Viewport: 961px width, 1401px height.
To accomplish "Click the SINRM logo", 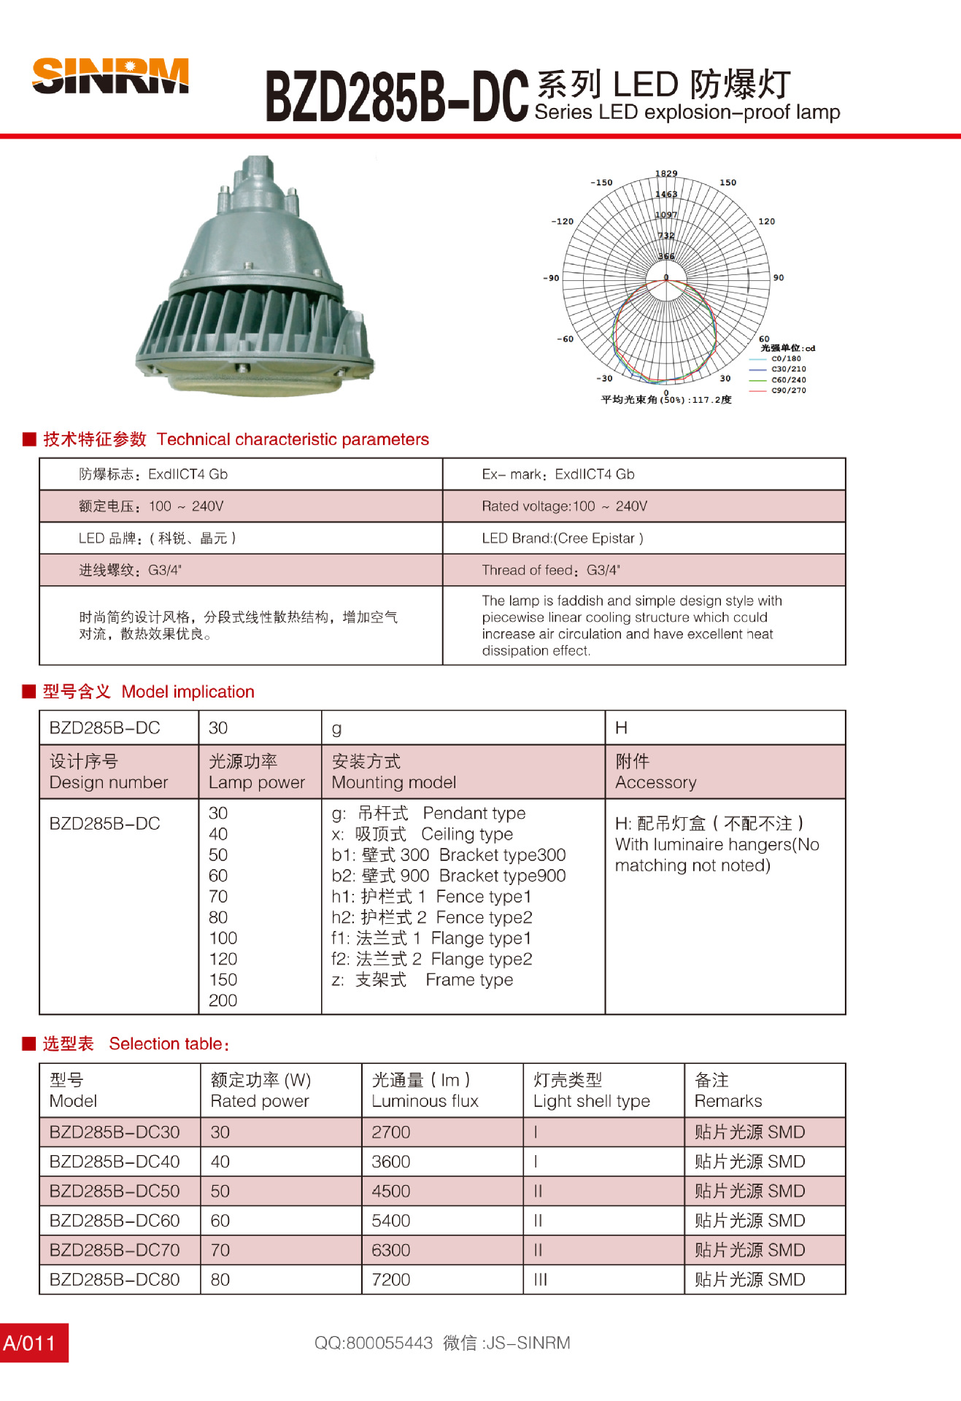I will point(110,76).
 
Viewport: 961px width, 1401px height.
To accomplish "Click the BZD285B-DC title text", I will point(396,96).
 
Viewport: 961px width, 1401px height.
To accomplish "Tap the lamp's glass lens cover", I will point(255,375).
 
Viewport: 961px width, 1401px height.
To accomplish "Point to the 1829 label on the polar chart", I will point(666,174).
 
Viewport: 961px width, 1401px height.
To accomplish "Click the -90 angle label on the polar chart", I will point(551,278).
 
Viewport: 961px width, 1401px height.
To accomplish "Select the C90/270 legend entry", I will point(788,390).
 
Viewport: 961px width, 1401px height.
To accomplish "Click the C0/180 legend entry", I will point(785,358).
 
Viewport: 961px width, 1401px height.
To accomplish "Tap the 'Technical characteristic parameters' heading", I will point(293,439).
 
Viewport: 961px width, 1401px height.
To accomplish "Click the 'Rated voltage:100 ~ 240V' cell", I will point(564,506).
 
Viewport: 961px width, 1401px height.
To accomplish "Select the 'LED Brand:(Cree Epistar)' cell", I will point(563,539).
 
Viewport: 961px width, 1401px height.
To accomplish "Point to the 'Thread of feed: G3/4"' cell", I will point(551,571).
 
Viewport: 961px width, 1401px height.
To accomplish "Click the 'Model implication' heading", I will point(188,692).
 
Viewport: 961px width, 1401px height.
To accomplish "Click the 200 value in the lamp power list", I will point(223,1000).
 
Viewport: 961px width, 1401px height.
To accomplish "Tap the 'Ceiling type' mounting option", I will point(467,834).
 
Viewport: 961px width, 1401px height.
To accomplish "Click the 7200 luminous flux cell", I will point(391,1280).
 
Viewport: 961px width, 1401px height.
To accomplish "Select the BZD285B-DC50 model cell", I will point(115,1192).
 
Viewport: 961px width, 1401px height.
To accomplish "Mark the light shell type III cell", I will point(540,1280).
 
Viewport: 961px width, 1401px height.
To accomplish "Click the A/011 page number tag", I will point(30,1343).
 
